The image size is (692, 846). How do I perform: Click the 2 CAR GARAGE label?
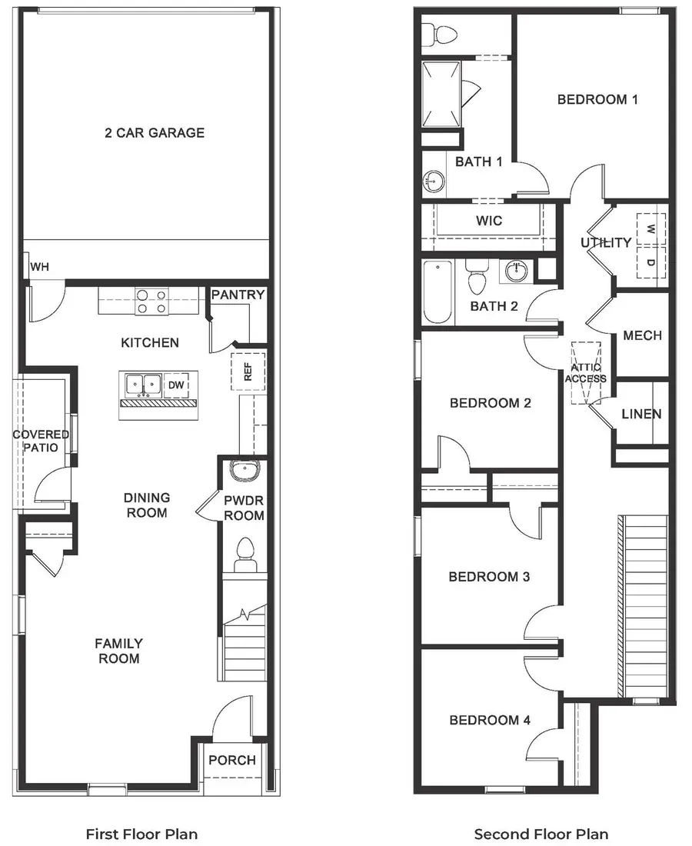155,133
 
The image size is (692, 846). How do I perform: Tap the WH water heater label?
39,268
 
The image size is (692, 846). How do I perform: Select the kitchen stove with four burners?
151,301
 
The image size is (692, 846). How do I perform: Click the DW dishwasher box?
177,385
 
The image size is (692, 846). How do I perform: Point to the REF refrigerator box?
248,372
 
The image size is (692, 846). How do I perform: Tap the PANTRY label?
238,295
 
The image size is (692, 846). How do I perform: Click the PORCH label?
232,761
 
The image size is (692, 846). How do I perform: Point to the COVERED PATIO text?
41,441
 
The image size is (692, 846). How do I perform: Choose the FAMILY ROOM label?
118,651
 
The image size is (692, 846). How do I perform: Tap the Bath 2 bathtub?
438,294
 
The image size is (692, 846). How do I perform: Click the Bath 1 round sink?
434,182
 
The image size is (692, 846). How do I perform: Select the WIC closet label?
489,221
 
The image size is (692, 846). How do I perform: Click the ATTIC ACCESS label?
586,372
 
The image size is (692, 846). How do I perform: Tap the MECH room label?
642,336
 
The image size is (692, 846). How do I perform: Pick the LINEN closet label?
641,415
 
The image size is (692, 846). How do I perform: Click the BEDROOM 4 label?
490,721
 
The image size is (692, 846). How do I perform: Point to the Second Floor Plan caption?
541,834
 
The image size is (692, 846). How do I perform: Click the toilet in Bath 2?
477,278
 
